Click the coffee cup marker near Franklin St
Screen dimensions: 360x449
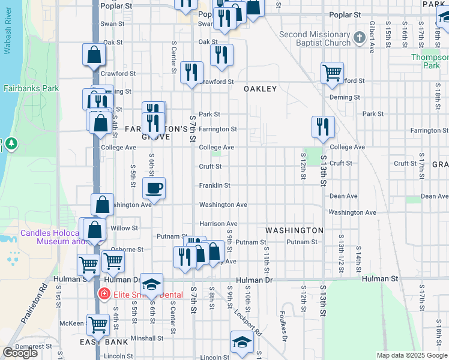point(154,188)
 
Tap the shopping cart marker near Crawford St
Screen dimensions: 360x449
point(332,73)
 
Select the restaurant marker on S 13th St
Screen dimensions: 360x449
point(323,127)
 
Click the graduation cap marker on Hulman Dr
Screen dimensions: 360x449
point(152,284)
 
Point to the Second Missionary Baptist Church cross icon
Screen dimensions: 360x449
point(360,38)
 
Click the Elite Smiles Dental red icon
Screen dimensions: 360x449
point(104,295)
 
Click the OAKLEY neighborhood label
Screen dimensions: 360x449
point(260,89)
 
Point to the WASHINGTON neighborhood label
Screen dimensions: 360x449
point(294,230)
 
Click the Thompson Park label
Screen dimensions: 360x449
point(430,61)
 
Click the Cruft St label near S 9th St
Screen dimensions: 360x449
point(210,166)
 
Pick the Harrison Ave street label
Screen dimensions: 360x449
point(218,223)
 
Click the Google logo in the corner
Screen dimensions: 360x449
point(20,353)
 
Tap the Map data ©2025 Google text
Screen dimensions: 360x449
point(412,355)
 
